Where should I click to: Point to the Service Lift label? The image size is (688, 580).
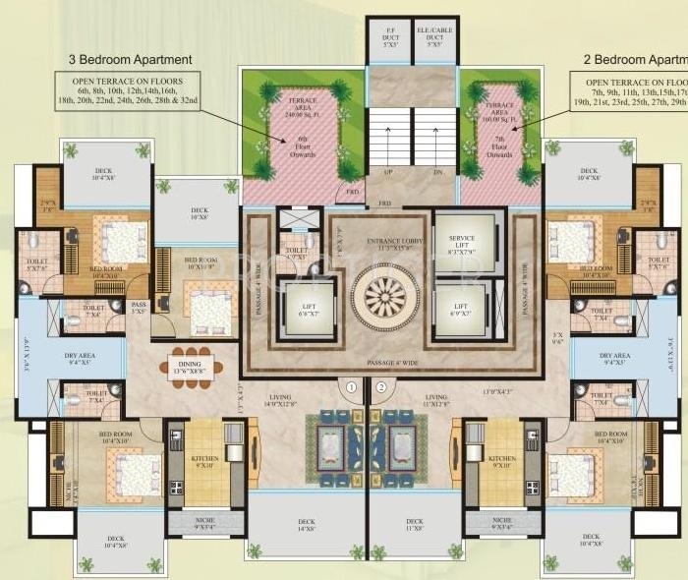coord(462,246)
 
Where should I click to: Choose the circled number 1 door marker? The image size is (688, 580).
coord(350,387)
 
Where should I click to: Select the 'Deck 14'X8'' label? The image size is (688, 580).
coord(305,526)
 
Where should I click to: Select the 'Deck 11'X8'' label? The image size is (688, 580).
coord(415,526)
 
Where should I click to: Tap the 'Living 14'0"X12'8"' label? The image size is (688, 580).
coord(285,399)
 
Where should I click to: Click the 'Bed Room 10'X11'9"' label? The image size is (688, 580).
coord(206,264)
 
